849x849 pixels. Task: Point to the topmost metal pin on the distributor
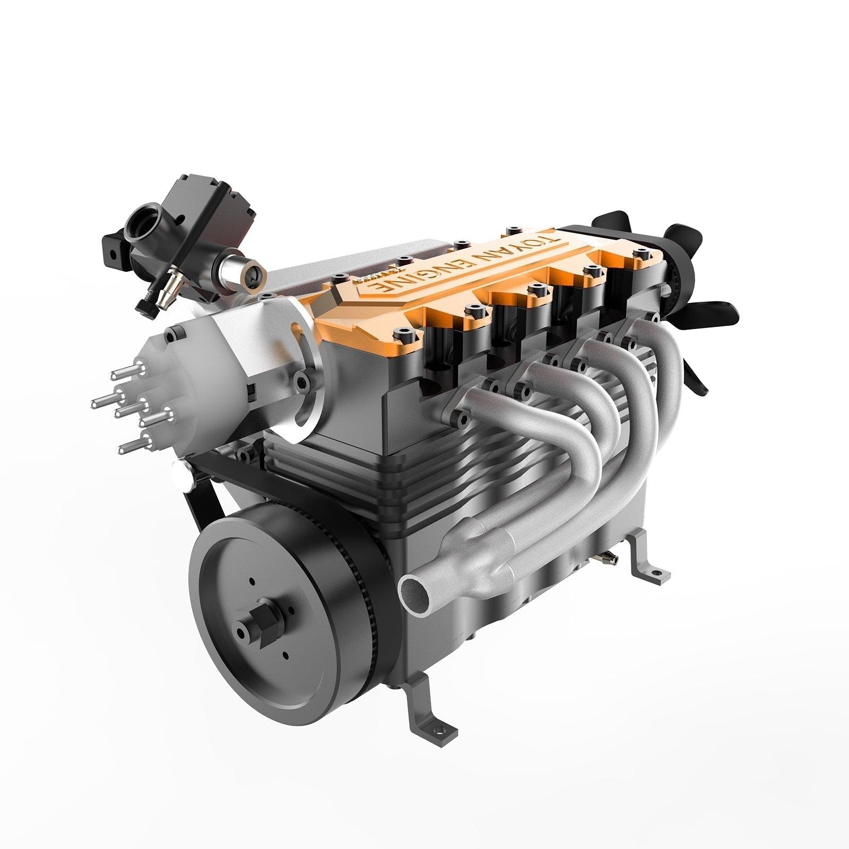point(124,374)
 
